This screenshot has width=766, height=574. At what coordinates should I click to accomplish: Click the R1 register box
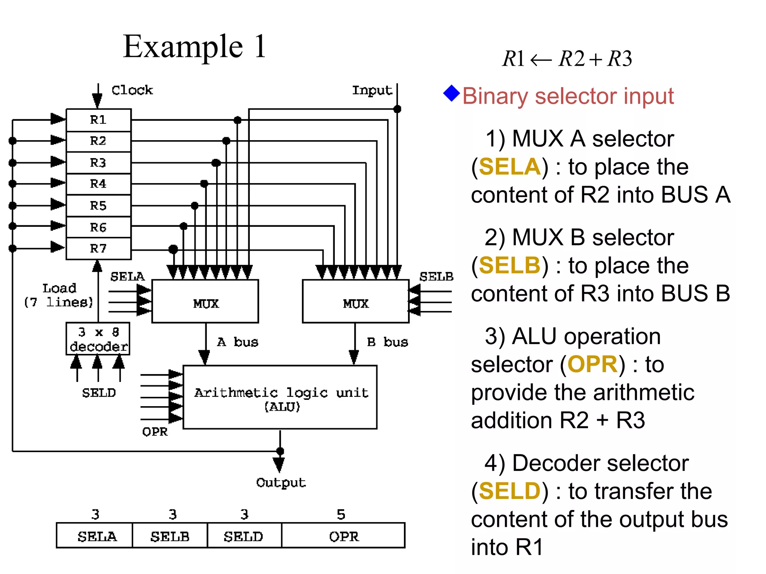98,120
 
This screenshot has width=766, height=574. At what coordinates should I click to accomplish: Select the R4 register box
98,184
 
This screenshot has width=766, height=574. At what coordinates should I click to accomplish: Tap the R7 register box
98,249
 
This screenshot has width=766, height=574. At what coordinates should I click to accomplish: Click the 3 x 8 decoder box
98,339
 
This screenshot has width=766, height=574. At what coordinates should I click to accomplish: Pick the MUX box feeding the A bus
205,302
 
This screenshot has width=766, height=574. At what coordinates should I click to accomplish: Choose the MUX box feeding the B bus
356,302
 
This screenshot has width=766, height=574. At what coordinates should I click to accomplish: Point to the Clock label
132,90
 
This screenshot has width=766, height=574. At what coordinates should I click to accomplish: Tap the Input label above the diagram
372,90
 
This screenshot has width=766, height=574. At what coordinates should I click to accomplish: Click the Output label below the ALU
281,482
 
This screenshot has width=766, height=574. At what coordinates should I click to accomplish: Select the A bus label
238,342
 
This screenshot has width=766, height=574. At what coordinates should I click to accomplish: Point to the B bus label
387,342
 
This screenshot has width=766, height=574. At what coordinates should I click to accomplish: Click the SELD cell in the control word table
244,536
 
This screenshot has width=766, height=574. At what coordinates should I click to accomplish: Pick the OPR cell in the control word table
343,536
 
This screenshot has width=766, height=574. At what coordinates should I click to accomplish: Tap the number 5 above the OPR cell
341,515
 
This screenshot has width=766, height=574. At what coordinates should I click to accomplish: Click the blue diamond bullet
451,93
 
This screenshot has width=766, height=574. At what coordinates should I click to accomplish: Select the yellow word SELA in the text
509,167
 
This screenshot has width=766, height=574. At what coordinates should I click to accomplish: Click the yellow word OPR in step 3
592,364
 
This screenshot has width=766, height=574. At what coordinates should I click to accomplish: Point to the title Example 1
194,47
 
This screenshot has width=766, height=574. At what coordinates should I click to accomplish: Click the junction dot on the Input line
397,109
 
